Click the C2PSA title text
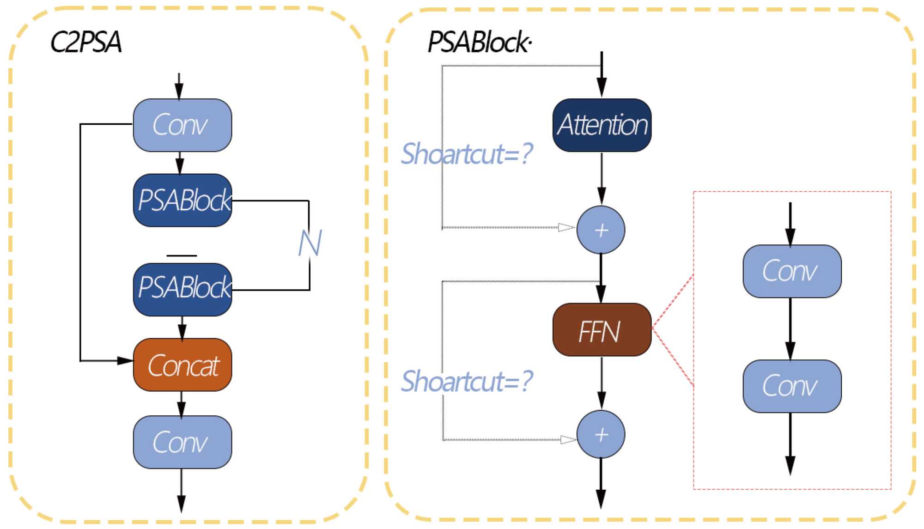(86, 42)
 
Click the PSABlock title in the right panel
(480, 42)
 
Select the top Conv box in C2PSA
(182, 125)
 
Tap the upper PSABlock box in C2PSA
(182, 200)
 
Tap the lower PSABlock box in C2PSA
(182, 289)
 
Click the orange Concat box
(182, 365)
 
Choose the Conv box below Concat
(182, 442)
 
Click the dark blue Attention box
(602, 125)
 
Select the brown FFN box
(602, 330)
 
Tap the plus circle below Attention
(601, 230)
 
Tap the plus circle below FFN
(601, 434)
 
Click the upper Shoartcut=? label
(467, 153)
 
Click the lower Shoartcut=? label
(467, 381)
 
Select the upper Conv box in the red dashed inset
(792, 271)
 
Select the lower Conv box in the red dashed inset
(792, 386)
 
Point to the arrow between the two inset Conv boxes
(790, 329)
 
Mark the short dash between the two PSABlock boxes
(182, 255)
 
